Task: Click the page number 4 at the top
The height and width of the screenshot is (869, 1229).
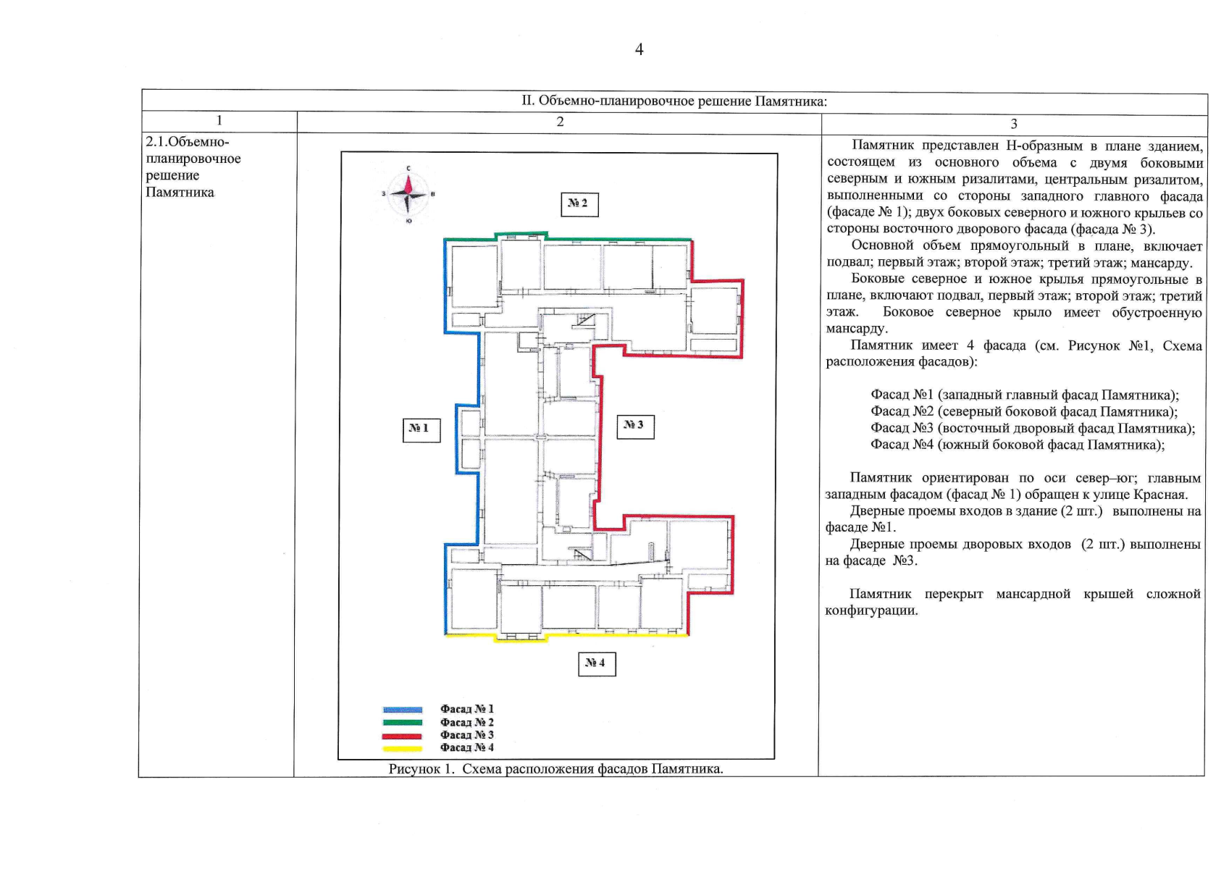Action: [x=639, y=50]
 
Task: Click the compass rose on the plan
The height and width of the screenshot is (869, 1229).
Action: [x=408, y=195]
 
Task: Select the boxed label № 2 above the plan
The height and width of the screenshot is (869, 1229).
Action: [x=579, y=205]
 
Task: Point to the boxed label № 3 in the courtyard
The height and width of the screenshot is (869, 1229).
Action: [x=635, y=427]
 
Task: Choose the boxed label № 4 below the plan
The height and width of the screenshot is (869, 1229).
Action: [x=597, y=664]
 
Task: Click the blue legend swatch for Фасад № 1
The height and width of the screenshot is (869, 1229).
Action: [x=402, y=710]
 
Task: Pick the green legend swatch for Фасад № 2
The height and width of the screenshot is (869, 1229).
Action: [x=402, y=723]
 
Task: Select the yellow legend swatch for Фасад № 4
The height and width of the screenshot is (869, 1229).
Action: [x=402, y=749]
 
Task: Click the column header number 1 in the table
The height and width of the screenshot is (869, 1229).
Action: [x=219, y=120]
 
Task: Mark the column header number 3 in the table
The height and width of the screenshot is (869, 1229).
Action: [x=1014, y=124]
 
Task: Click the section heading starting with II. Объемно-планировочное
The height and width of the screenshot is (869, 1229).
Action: [x=674, y=101]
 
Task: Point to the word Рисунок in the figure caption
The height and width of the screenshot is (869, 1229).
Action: [x=415, y=769]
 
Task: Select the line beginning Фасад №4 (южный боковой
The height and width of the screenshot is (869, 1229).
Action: [x=1018, y=445]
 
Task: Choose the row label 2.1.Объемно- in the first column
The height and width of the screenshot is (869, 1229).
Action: [x=187, y=142]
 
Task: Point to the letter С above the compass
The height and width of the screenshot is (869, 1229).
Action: [x=408, y=169]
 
